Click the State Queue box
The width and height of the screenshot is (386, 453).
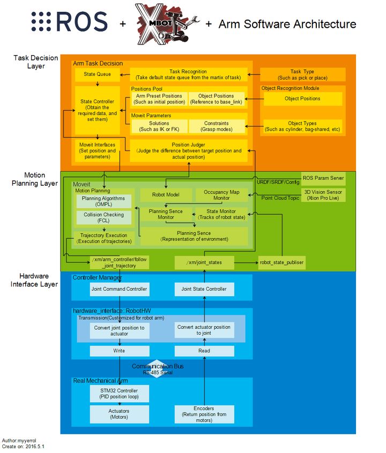pyautogui.click(x=97, y=74)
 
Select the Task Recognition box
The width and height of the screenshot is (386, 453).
pyautogui.click(x=188, y=74)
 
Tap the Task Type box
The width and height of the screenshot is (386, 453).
pyautogui.click(x=303, y=74)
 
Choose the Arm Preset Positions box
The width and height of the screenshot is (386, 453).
pyautogui.click(x=159, y=99)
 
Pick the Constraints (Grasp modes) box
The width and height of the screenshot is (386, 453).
pyautogui.click(x=217, y=126)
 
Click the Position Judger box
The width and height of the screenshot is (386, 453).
pyautogui.click(x=189, y=150)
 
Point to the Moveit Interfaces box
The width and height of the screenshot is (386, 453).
pyautogui.click(x=97, y=150)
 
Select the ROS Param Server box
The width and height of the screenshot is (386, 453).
pyautogui.click(x=323, y=178)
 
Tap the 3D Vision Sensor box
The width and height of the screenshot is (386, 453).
pyautogui.click(x=323, y=195)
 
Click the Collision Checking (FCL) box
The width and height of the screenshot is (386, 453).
pyautogui.click(x=104, y=217)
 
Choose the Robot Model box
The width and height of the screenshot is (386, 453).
pyautogui.click(x=166, y=195)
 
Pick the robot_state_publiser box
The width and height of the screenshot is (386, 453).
pyautogui.click(x=281, y=262)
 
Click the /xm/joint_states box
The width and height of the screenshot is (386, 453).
pyautogui.click(x=204, y=262)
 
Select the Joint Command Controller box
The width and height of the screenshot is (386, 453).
pyautogui.click(x=120, y=289)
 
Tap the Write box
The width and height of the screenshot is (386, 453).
pyautogui.click(x=120, y=351)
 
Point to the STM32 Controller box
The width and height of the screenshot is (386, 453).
pyautogui.click(x=119, y=394)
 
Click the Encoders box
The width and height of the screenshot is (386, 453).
pyautogui.click(x=204, y=414)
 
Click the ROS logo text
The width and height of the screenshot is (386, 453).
pyautogui.click(x=70, y=21)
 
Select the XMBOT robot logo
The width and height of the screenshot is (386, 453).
pyautogui.click(x=167, y=24)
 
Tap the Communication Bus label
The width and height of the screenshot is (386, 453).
pyautogui.click(x=158, y=366)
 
